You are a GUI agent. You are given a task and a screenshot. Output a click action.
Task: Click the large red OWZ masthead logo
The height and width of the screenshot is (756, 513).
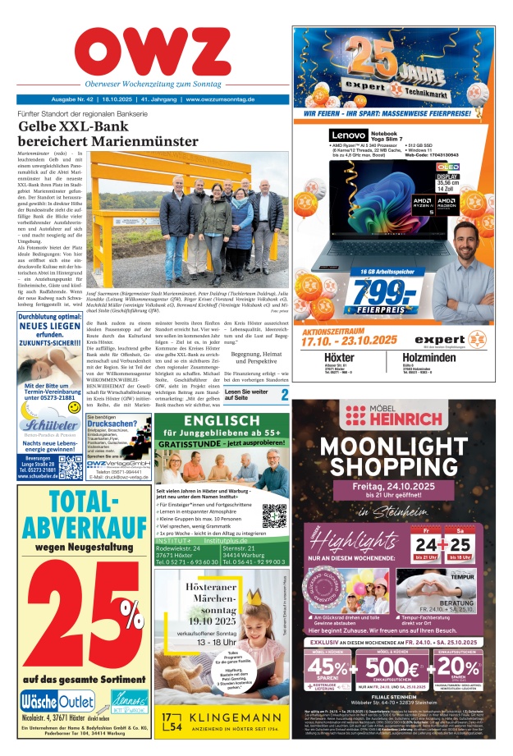tap(152, 53)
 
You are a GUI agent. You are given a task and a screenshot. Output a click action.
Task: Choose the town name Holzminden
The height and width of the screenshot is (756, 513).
tap(442, 359)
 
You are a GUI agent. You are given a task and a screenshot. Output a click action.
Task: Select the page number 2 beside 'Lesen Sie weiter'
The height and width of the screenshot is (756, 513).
tap(283, 396)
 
